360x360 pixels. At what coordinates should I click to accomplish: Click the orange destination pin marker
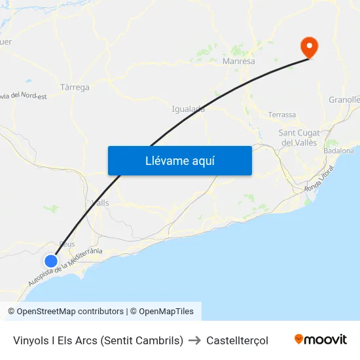click(x=308, y=46)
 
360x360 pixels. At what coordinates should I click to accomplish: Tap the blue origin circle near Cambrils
click(x=50, y=261)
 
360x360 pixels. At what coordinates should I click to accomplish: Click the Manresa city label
click(x=239, y=62)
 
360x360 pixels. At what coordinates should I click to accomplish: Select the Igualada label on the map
click(x=188, y=109)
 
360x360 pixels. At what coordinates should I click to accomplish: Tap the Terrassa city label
click(x=282, y=115)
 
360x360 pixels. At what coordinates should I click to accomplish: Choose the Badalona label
click(x=338, y=151)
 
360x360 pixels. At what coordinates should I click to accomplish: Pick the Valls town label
click(x=101, y=203)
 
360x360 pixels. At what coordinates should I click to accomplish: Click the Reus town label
click(x=67, y=243)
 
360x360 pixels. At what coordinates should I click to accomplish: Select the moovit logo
click(x=320, y=340)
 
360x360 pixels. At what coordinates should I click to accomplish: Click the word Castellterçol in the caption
click(x=237, y=340)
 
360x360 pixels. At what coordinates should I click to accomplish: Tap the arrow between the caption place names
click(x=195, y=340)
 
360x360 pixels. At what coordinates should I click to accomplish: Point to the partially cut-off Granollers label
click(x=344, y=99)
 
